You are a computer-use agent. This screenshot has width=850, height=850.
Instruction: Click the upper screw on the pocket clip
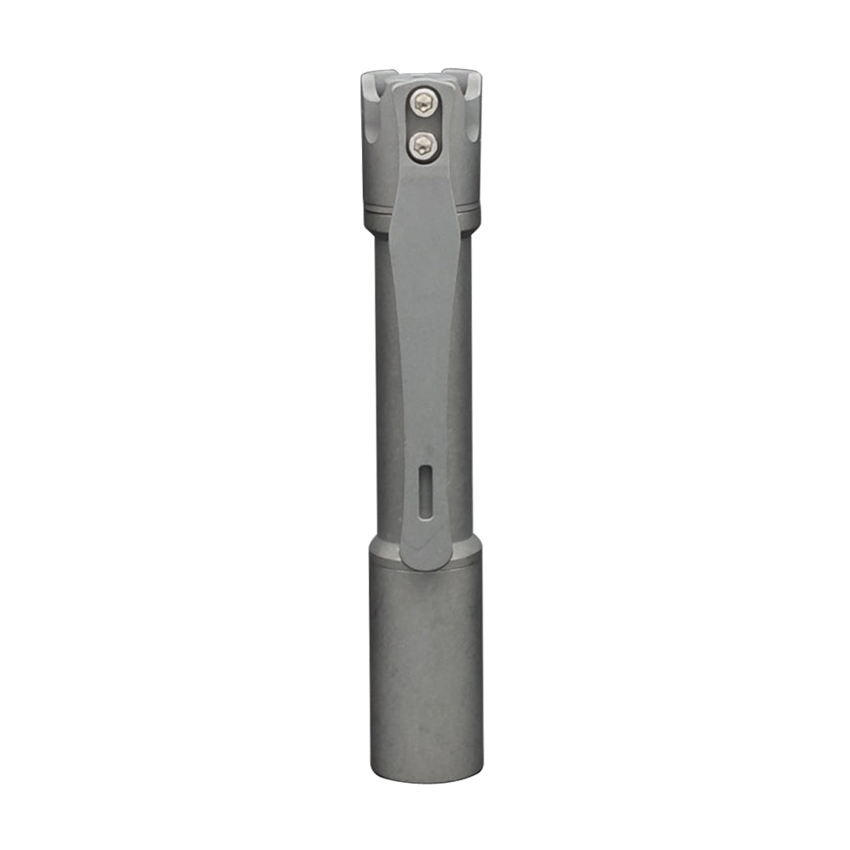[422, 105]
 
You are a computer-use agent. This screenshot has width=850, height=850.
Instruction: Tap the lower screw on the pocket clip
[422, 144]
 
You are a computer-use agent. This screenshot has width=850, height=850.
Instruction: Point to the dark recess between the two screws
[422, 124]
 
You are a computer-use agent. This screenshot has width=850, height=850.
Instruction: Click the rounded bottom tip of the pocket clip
[427, 561]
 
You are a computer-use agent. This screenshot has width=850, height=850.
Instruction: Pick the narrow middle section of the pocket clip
[425, 357]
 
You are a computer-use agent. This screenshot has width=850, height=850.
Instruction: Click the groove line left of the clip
[378, 207]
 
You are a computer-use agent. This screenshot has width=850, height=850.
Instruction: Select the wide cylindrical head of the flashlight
[425, 663]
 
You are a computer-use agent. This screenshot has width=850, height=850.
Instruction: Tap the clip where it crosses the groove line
[425, 207]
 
